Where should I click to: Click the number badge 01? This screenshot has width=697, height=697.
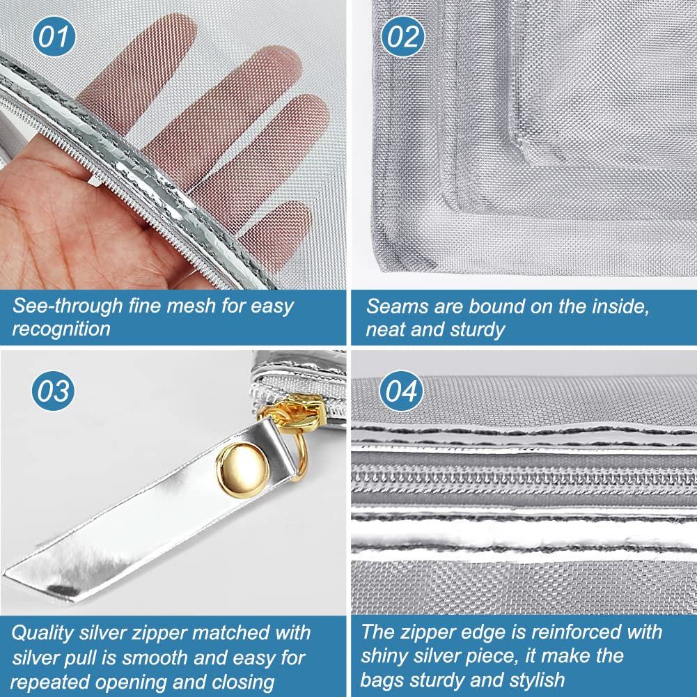coord(54,36)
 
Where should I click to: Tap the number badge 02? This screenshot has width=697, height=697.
coord(402,36)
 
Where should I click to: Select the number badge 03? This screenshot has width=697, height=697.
coord(53,391)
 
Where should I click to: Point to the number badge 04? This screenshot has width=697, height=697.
coord(401,391)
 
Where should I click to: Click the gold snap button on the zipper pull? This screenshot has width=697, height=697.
coord(242,470)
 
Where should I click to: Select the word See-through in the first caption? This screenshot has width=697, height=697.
coord(68,306)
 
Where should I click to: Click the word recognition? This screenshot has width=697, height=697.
coord(61,329)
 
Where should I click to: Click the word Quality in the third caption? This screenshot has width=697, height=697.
coord(42,633)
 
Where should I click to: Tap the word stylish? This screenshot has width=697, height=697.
coord(537,680)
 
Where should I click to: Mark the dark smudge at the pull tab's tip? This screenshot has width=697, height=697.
coord(62,590)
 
